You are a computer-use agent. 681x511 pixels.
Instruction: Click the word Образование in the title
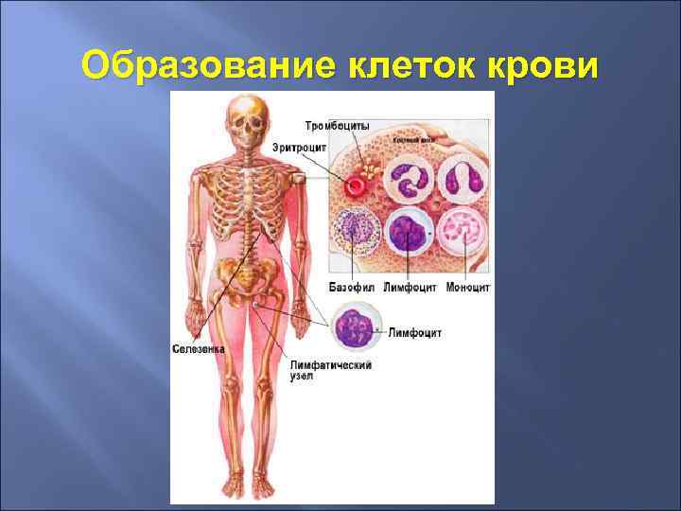(210, 65)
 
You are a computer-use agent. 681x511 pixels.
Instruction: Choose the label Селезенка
(199, 348)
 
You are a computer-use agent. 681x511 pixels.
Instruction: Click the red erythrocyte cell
(357, 185)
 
